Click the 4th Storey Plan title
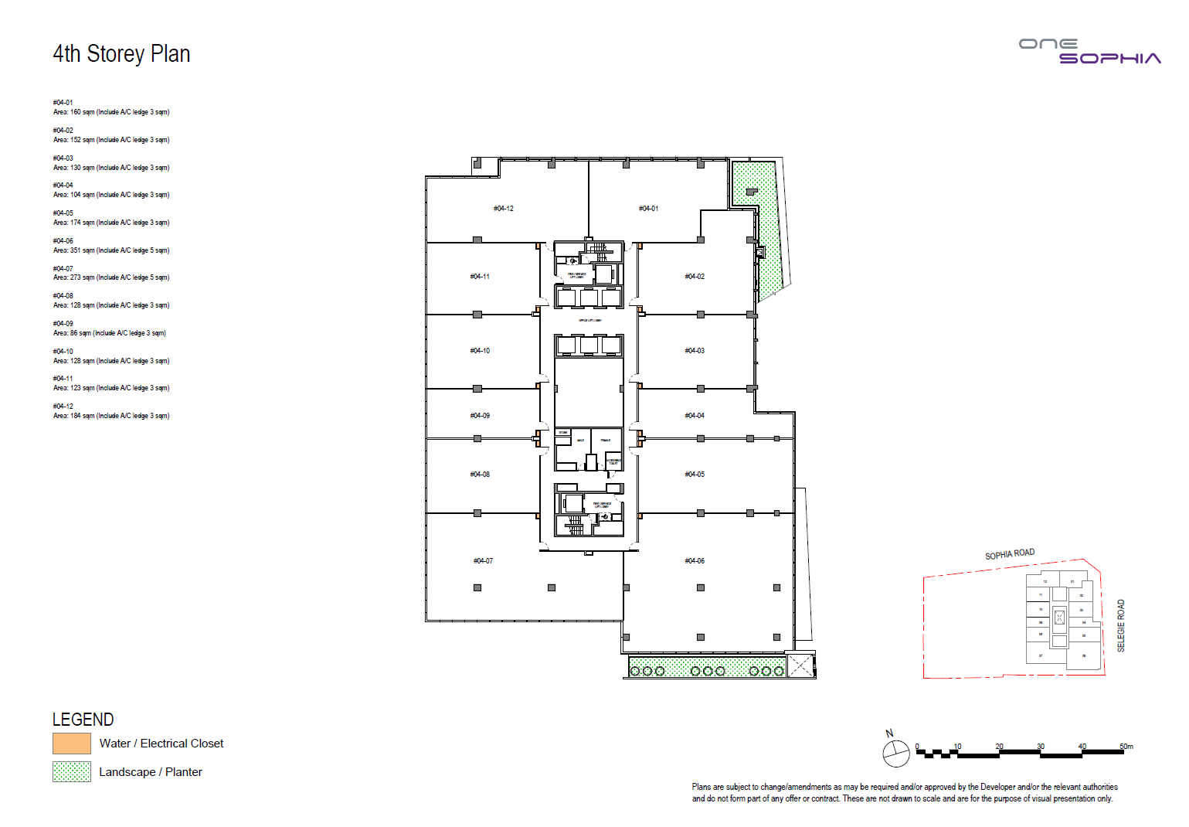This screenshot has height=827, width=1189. [x=121, y=54]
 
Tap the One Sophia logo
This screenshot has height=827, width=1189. [x=1089, y=51]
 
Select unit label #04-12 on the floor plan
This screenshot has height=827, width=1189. [x=504, y=209]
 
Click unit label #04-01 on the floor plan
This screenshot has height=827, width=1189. [x=648, y=209]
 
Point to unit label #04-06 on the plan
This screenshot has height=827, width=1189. [x=695, y=561]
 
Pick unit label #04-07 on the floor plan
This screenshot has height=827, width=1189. [x=483, y=561]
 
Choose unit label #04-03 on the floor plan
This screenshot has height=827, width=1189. [x=695, y=351]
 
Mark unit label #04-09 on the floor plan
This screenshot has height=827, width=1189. [x=480, y=416]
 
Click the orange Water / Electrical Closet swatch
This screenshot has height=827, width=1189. [x=72, y=744]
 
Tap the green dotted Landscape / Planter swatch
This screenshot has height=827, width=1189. [x=72, y=771]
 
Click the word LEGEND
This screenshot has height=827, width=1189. [x=83, y=720]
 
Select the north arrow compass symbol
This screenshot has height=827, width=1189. [x=896, y=753]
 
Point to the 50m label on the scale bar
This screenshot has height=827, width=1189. [x=1126, y=747]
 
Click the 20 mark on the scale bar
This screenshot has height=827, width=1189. [x=999, y=747]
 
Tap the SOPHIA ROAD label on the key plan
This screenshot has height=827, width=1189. [x=1009, y=554]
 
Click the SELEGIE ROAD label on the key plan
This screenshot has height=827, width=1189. [x=1121, y=625]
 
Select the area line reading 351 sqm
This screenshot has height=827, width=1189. [x=110, y=250]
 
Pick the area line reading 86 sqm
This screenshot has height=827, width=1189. [x=109, y=333]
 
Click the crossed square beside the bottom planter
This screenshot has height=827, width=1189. [x=800, y=665]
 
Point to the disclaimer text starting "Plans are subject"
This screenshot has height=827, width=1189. [x=904, y=792]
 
